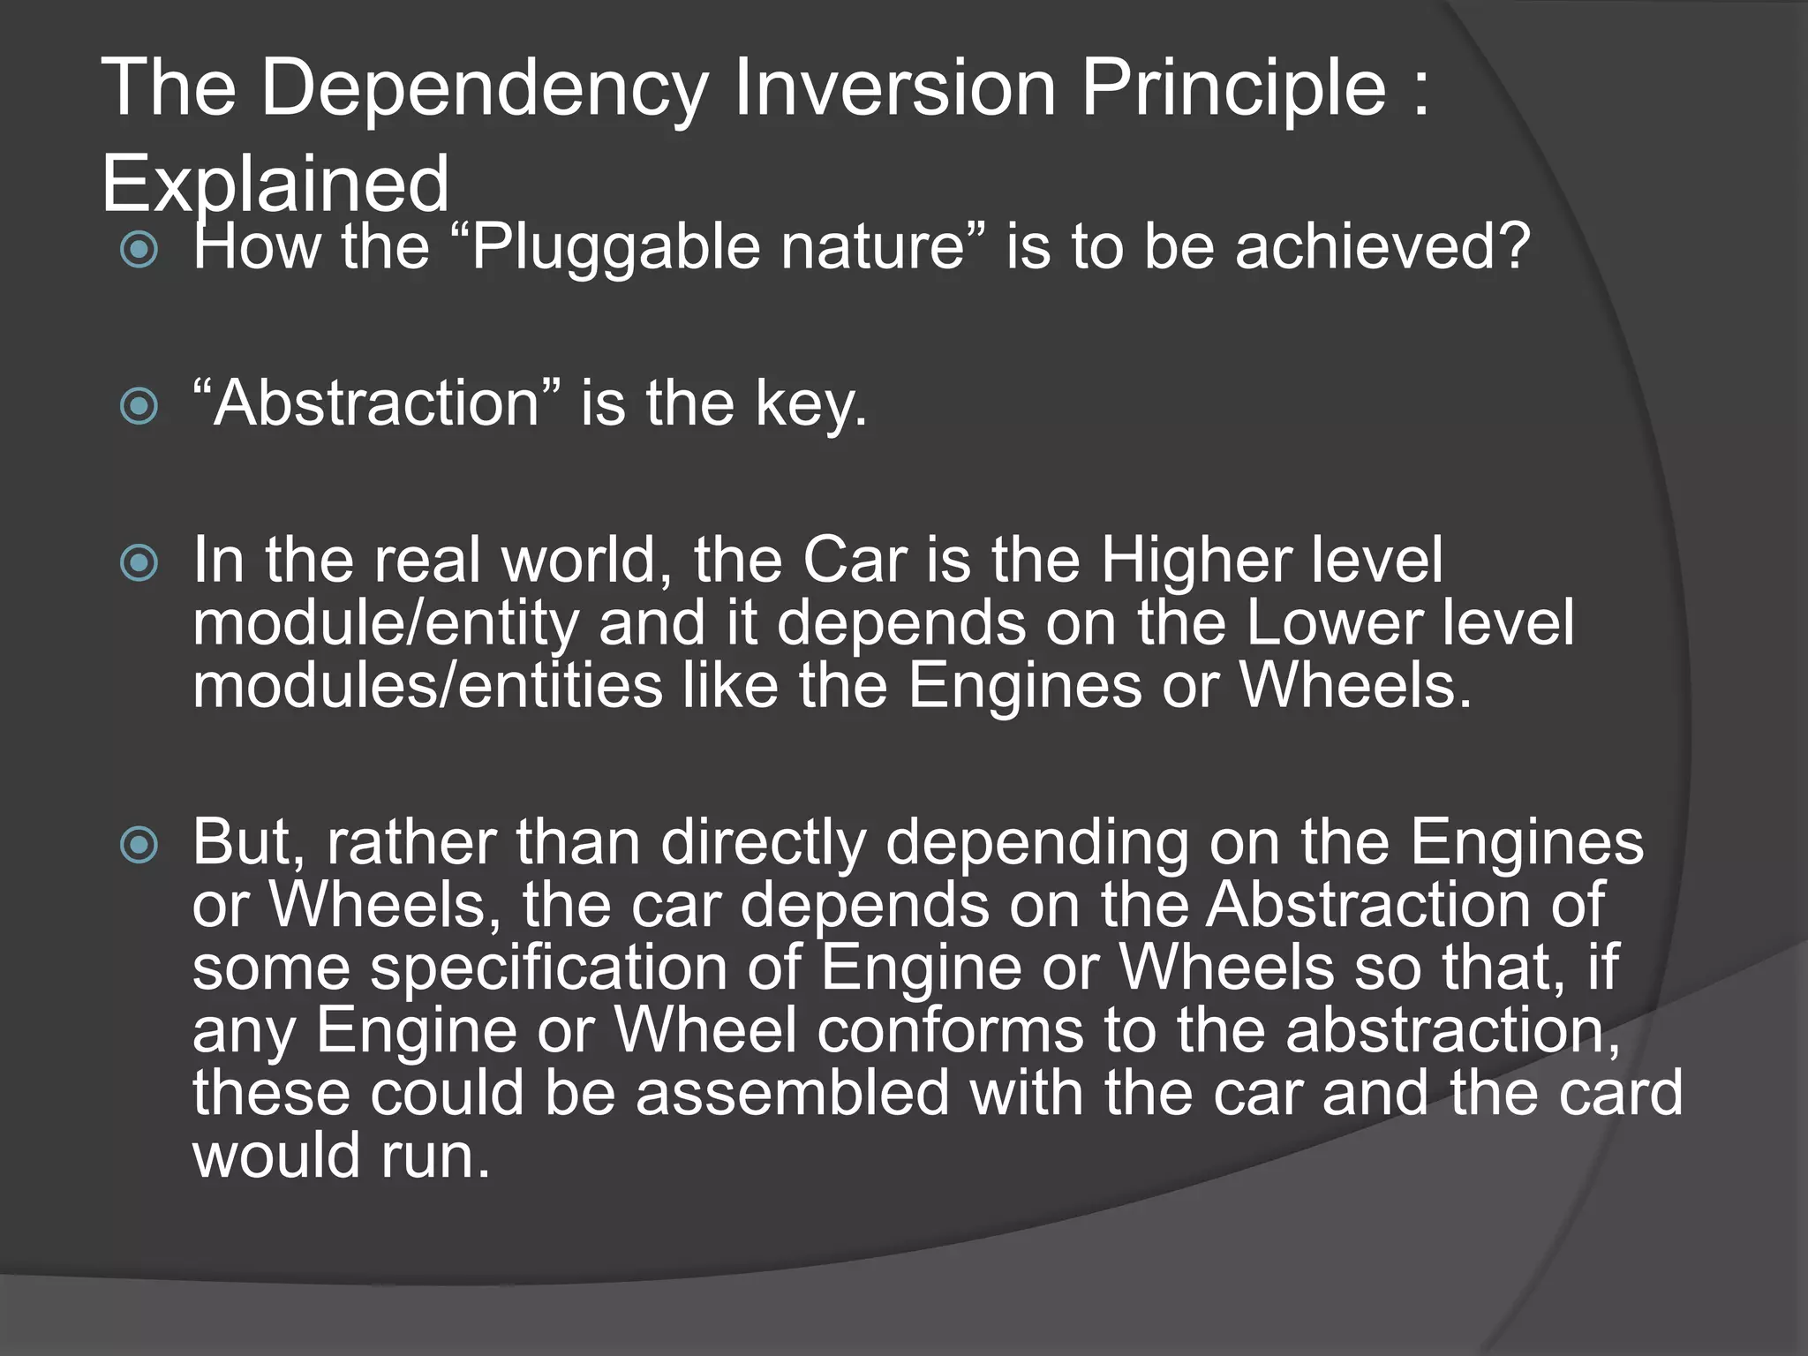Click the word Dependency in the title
(x=485, y=88)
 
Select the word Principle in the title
(x=1233, y=88)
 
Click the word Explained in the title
(x=275, y=184)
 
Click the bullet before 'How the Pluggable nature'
(x=139, y=250)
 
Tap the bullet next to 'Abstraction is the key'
(x=139, y=406)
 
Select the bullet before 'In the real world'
(x=139, y=563)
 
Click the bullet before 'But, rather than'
(x=139, y=845)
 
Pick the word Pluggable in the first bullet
(x=615, y=247)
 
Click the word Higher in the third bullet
(x=1195, y=560)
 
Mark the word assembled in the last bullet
(x=792, y=1093)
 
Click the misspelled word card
(x=1621, y=1093)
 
